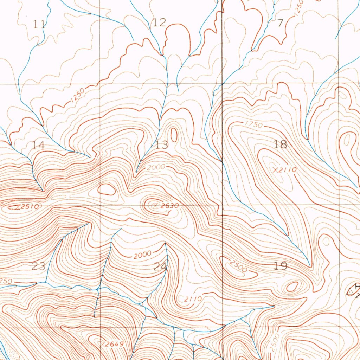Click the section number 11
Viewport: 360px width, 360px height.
pos(39,24)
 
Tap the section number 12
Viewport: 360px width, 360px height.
pos(159,23)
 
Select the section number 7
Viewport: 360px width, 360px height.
pos(280,24)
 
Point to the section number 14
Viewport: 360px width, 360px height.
pos(38,145)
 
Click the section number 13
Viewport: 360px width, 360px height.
pos(162,144)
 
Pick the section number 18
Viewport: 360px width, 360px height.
pos(281,144)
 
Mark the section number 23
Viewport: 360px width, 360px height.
pos(38,266)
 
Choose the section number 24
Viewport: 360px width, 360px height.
pos(160,266)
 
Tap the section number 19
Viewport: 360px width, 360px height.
pos(281,266)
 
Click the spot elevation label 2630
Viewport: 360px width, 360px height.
pos(170,206)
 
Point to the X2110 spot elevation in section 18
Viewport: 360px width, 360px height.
pos(285,170)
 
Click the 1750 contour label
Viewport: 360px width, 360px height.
pos(252,124)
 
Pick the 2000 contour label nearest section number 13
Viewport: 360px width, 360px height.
pos(156,167)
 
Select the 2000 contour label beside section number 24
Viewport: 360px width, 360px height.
pos(143,254)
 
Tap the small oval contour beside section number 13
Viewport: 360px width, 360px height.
pos(174,135)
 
